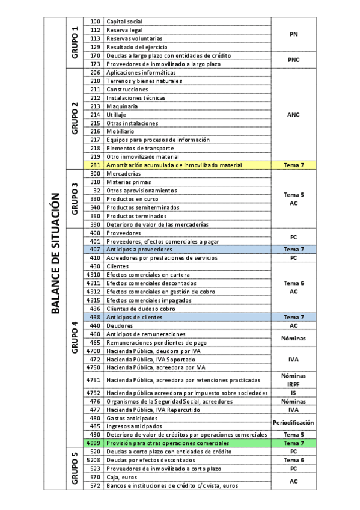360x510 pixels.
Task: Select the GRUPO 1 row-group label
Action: pyautogui.click(x=75, y=43)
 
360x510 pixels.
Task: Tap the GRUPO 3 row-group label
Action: pyautogui.click(x=75, y=199)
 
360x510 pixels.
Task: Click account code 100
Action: pyautogui.click(x=94, y=22)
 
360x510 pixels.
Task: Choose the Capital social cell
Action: pyautogui.click(x=187, y=22)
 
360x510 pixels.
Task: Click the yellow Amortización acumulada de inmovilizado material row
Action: pyautogui.click(x=187, y=165)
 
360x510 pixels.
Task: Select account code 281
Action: pyautogui.click(x=94, y=165)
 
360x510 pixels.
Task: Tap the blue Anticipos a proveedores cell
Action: pyautogui.click(x=187, y=249)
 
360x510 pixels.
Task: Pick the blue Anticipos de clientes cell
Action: pyautogui.click(x=187, y=316)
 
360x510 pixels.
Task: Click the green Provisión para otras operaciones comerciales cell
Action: pyautogui.click(x=187, y=443)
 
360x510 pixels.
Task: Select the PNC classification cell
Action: pyautogui.click(x=293, y=60)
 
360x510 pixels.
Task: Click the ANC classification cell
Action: pyautogui.click(x=293, y=114)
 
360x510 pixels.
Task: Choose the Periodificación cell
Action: pyautogui.click(x=293, y=422)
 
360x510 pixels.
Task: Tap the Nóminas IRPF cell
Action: pyautogui.click(x=293, y=379)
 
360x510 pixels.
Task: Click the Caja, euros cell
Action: pyautogui.click(x=187, y=477)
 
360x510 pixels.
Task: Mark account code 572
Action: pyautogui.click(x=94, y=485)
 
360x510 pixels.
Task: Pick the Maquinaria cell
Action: pyautogui.click(x=187, y=106)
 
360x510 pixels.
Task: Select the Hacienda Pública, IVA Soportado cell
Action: pyautogui.click(x=187, y=359)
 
